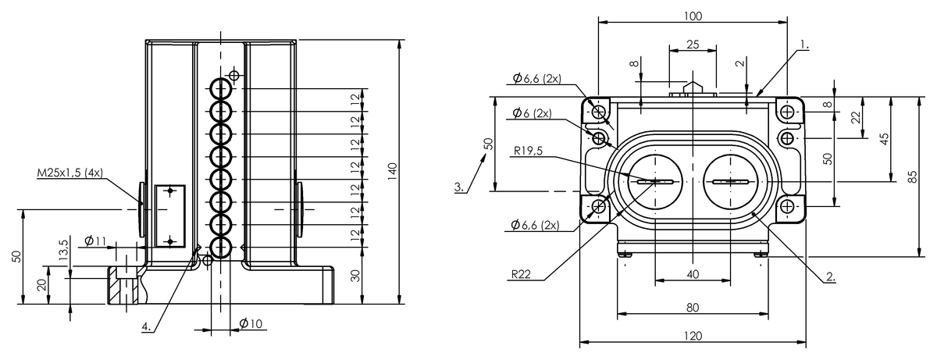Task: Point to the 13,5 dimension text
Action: [x=63, y=252]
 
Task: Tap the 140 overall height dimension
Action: [x=392, y=171]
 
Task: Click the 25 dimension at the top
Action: [x=693, y=45]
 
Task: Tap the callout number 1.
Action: [x=803, y=45]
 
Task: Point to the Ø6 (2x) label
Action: [x=532, y=112]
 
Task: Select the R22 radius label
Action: [x=522, y=274]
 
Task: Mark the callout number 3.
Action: [x=459, y=187]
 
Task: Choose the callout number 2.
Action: [x=830, y=276]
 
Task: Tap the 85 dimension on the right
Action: [x=913, y=176]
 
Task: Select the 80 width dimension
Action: [x=692, y=307]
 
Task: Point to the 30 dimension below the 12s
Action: [x=356, y=275]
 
